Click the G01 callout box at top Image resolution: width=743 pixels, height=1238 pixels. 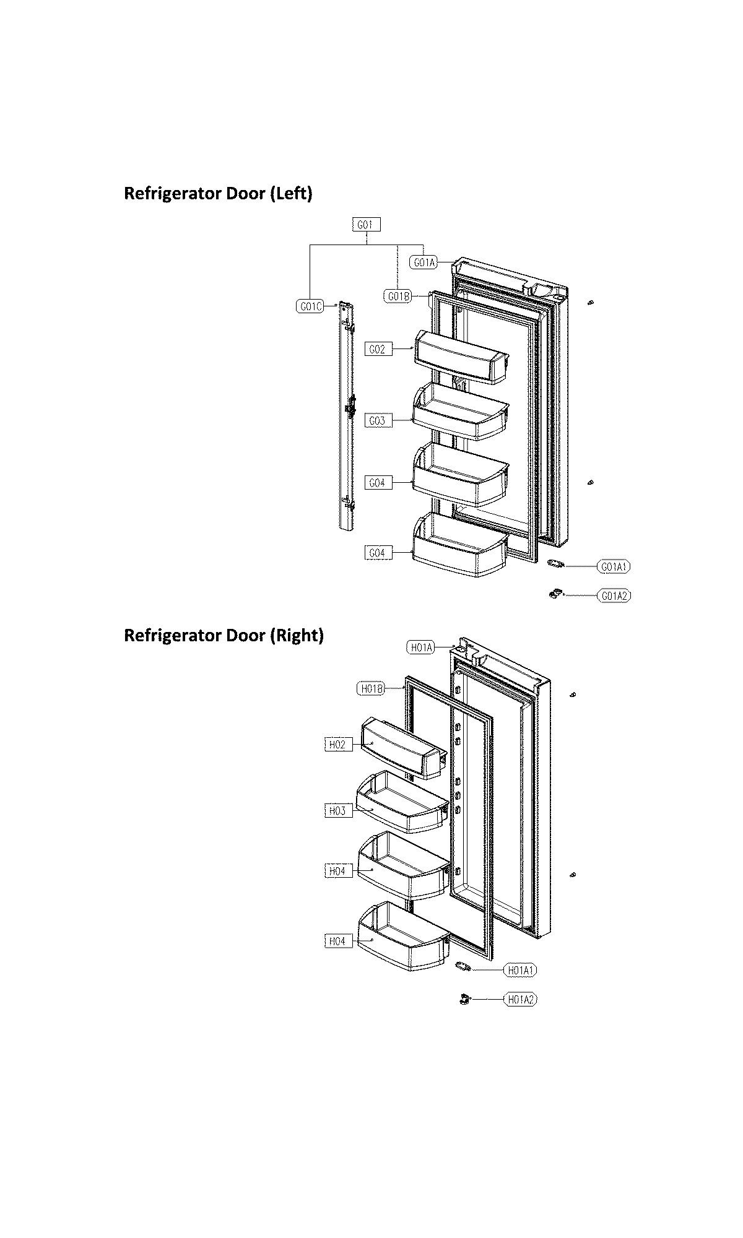pos(365,225)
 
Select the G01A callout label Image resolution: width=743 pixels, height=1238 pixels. pos(424,262)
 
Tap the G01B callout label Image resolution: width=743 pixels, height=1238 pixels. pos(398,297)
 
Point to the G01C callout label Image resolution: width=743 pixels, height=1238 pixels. pos(310,306)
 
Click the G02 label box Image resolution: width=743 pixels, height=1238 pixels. pos(378,350)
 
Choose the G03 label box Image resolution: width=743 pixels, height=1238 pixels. pos(378,421)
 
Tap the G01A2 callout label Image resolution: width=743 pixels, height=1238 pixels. pos(614,595)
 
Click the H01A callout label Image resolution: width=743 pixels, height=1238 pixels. pos(420,648)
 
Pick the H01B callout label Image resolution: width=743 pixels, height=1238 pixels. pos(371,688)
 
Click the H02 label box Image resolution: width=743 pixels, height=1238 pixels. pos(338,745)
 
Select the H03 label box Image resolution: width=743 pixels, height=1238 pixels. pos(338,811)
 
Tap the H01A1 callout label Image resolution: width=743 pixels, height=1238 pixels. pos(520,971)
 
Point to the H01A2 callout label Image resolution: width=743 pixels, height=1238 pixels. pos(519,999)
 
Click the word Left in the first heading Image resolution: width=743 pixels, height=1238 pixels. pos(290,194)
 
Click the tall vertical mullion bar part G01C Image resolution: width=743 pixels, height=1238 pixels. pos(346,415)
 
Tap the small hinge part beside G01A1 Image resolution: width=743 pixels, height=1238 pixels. pos(555,563)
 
